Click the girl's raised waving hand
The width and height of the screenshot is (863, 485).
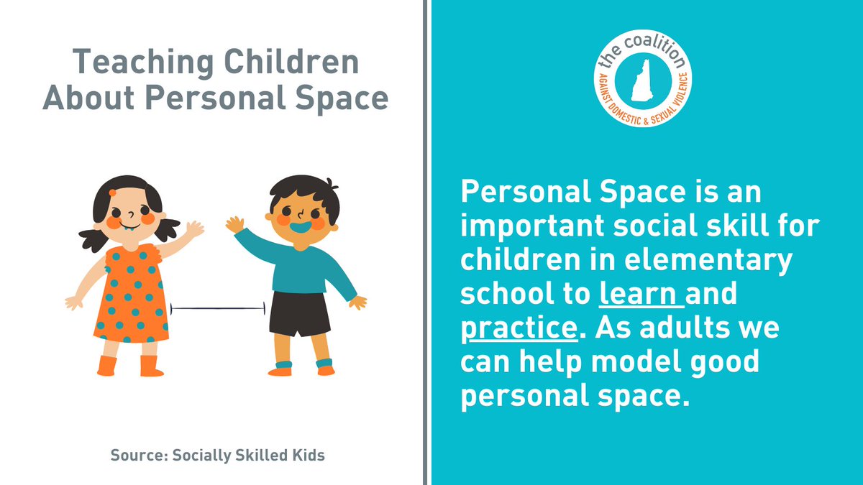click(193, 231)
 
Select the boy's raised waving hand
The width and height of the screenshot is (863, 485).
click(234, 224)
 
